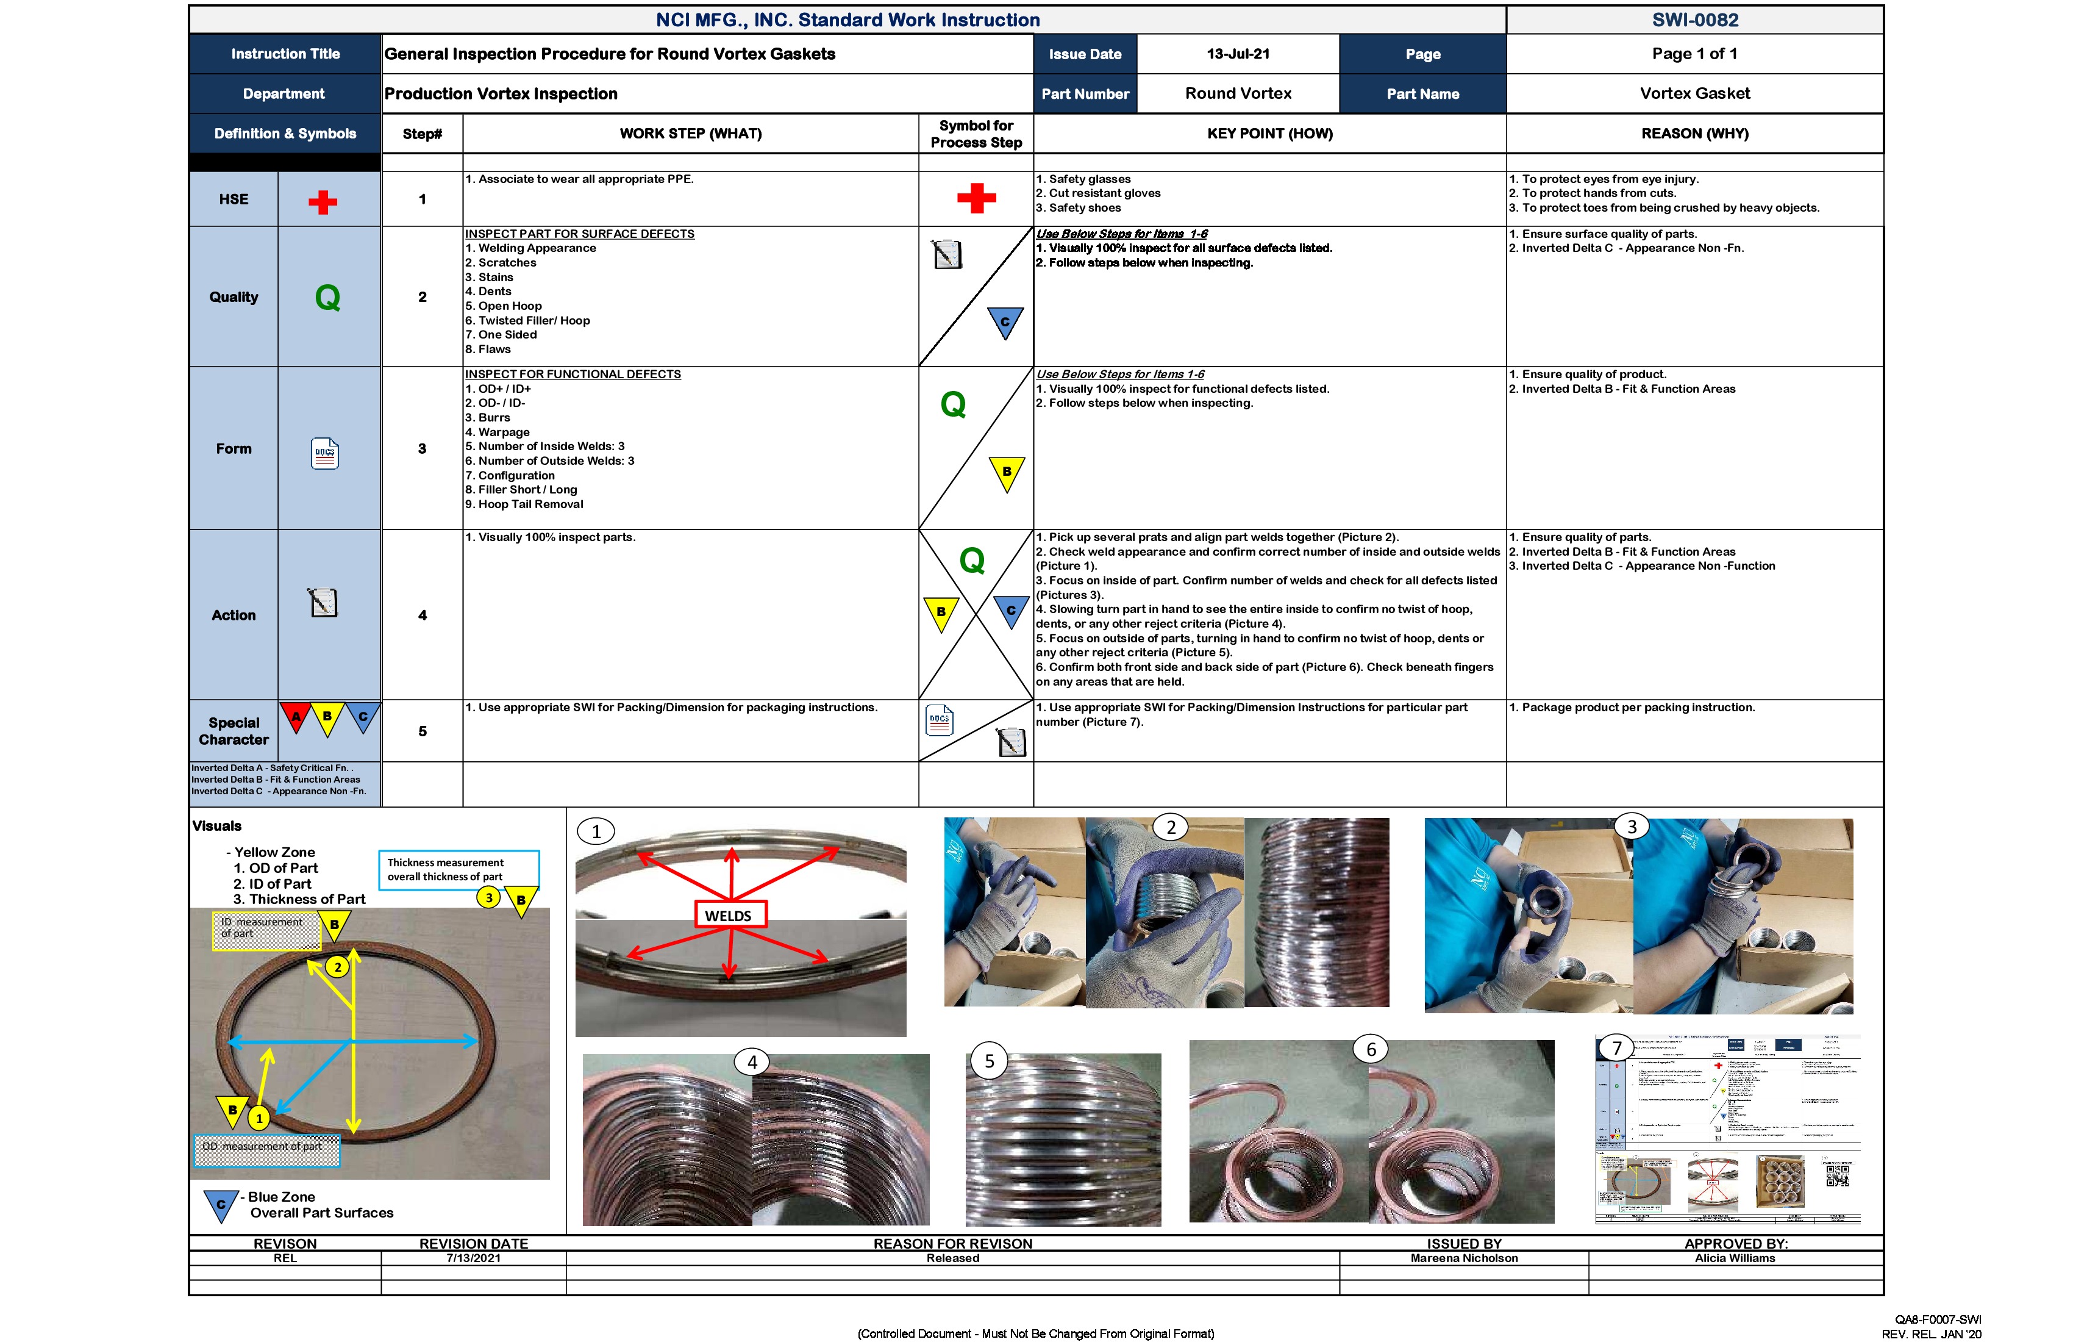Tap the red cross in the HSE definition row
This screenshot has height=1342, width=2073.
click(323, 202)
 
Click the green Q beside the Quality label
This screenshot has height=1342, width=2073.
click(327, 298)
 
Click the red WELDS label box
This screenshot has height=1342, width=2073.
click(730, 915)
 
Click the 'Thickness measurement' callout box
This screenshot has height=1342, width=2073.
click(458, 870)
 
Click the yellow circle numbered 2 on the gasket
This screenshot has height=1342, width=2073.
click(337, 966)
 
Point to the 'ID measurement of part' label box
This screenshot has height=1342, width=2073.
click(265, 930)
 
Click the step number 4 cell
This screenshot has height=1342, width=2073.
click(423, 615)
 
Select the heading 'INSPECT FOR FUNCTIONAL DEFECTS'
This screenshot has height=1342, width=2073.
click(573, 375)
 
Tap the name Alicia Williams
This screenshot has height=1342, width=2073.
click(1734, 1258)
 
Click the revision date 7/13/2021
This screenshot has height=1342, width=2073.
click(473, 1258)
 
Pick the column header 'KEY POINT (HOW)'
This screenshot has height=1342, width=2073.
click(1269, 134)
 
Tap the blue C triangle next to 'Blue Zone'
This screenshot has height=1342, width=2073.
click(221, 1204)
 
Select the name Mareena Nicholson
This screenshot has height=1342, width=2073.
click(1463, 1258)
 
